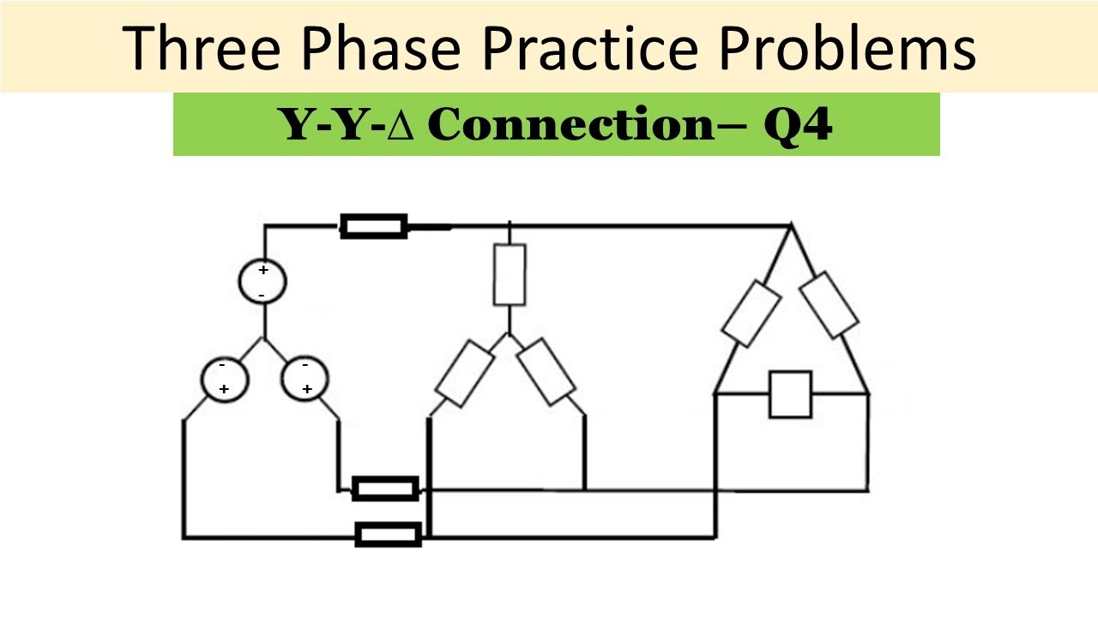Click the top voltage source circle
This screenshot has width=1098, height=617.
point(262,281)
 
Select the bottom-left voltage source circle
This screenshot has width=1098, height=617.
point(225,377)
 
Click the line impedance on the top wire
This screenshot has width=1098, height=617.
point(374,226)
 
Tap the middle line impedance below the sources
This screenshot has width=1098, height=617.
point(386,489)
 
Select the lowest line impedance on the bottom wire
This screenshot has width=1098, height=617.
point(389,535)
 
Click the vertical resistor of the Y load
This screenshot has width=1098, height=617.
point(510,274)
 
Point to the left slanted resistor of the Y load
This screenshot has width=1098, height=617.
point(465,373)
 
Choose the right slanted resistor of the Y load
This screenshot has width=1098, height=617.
point(546,370)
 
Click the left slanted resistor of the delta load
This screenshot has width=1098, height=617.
point(751,313)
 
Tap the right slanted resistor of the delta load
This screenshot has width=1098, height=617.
point(830,305)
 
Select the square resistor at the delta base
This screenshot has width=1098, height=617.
point(790,394)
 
